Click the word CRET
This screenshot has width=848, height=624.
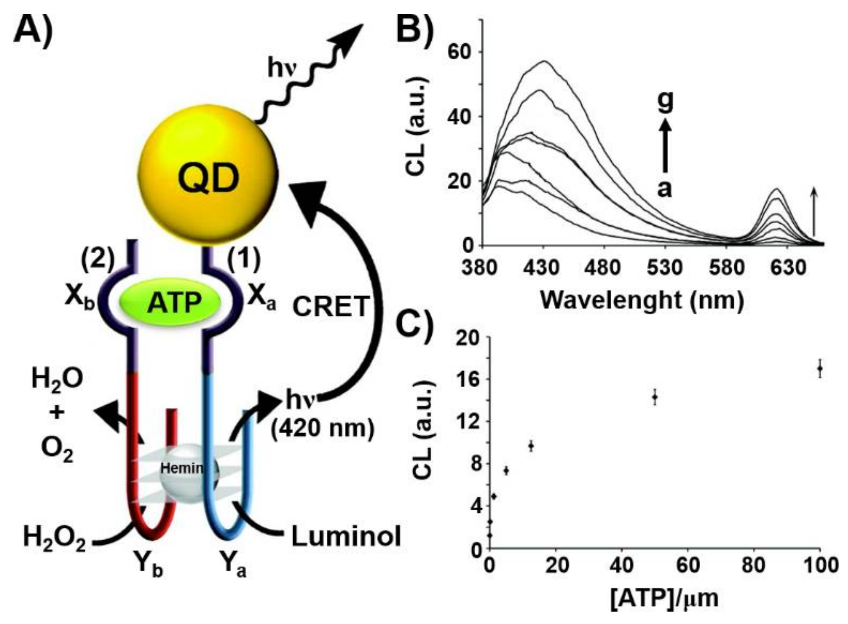click(x=331, y=306)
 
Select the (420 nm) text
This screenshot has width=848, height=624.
click(x=322, y=428)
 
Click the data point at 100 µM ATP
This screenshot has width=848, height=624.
click(x=820, y=368)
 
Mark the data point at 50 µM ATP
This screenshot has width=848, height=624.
click(x=655, y=397)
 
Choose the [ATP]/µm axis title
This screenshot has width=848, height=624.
click(x=664, y=598)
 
